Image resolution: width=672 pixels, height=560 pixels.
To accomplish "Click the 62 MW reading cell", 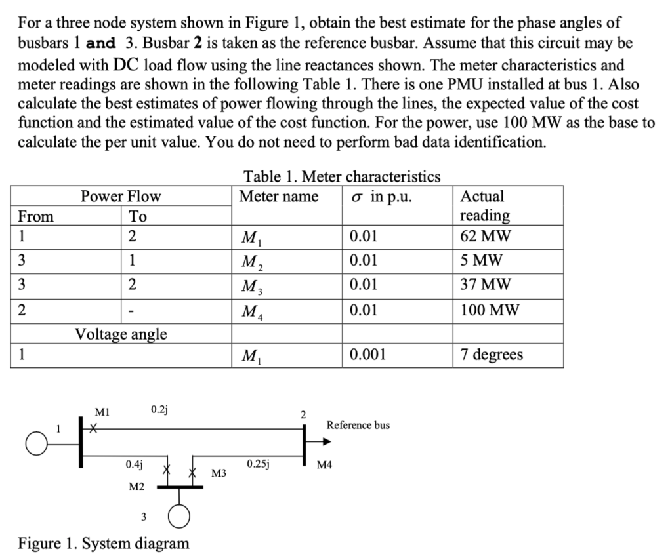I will [486, 237].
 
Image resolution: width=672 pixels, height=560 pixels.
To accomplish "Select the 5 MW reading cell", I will [482, 260].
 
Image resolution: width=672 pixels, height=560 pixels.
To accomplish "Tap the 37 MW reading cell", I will [486, 285].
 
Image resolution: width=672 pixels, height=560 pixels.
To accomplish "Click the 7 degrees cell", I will [492, 355].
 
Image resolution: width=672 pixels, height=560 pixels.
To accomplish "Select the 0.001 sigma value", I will [367, 355].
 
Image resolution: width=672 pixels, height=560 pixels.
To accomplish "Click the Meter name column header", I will [279, 196].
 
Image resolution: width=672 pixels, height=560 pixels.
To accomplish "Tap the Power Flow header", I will [120, 196].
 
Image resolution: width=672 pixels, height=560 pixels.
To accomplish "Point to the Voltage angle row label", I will [120, 334].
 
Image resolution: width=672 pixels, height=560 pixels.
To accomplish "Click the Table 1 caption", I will [342, 176].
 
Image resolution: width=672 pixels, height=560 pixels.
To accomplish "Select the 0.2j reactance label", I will [159, 410].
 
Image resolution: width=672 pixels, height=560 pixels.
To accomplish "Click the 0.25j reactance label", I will [259, 464].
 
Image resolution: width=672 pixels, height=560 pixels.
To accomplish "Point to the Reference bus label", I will [358, 425].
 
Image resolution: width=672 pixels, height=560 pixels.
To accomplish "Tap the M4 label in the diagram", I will [324, 466].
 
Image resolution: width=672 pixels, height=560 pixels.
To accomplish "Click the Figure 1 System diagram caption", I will [103, 543].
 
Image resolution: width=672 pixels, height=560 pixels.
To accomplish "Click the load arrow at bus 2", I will [324, 441].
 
